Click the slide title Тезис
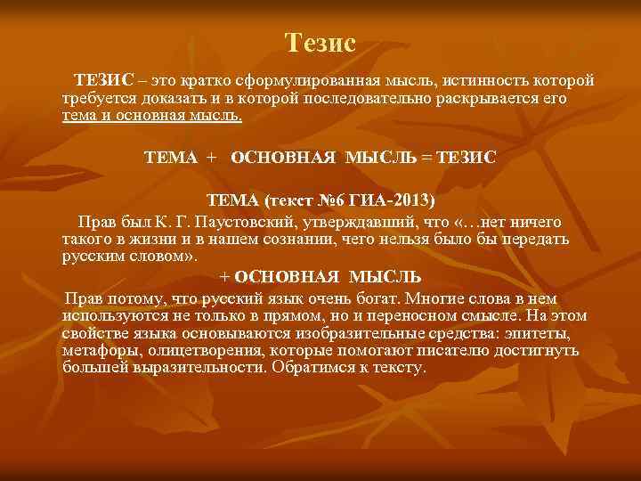point(320,42)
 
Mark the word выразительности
point(184,367)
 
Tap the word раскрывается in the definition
point(499,99)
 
